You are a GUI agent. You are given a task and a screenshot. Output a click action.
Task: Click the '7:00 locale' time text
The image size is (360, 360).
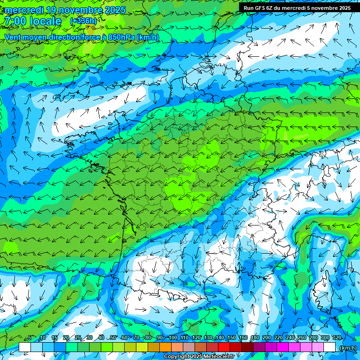[x=32, y=21]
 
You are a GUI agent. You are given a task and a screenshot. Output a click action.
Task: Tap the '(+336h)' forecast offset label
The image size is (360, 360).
[x=83, y=21]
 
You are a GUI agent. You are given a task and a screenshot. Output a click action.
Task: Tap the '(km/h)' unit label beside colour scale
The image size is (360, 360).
[x=348, y=347]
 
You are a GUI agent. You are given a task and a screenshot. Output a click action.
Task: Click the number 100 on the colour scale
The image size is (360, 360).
[x=173, y=338]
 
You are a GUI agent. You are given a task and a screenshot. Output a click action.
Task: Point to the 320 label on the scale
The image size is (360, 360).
[x=337, y=338]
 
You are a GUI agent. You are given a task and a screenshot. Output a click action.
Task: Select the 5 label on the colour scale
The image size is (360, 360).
[x=30, y=338]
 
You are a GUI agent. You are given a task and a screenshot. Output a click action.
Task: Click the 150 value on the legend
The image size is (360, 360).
[x=232, y=338]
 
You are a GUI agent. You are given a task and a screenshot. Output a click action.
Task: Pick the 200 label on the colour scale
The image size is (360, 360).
[x=267, y=338]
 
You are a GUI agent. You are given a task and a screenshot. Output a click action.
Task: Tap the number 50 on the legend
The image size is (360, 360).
[x=112, y=338]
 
